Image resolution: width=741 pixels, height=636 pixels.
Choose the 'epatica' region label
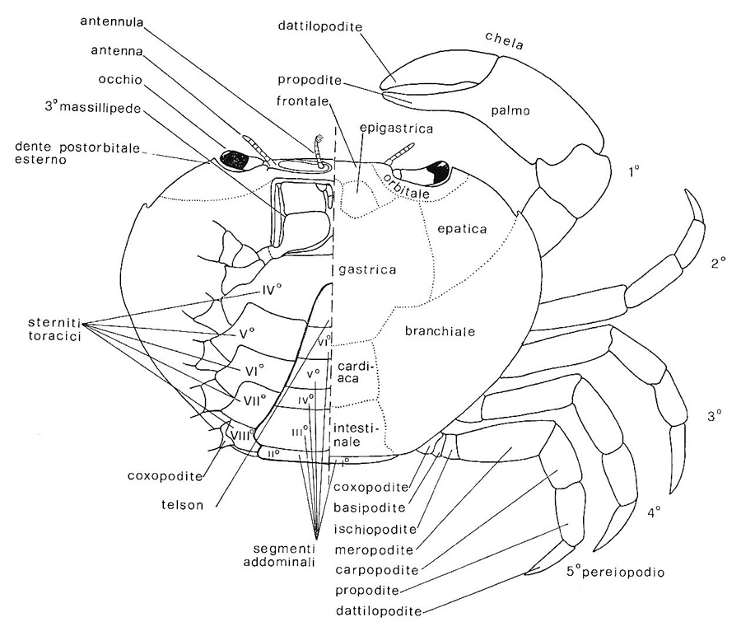[x=464, y=227]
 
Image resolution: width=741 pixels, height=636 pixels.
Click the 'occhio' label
[x=115, y=79]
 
